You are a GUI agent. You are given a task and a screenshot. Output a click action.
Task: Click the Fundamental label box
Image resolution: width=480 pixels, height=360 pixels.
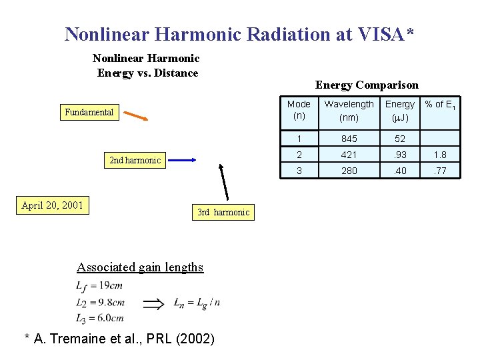pyautogui.click(x=89, y=112)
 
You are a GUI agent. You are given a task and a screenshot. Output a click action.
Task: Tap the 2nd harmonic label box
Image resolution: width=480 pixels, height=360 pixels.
pyautogui.click(x=135, y=160)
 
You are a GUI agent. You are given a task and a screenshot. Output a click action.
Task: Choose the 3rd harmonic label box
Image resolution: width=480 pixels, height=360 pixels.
pyautogui.click(x=223, y=213)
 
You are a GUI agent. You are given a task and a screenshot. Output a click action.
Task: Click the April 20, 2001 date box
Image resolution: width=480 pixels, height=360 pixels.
pyautogui.click(x=52, y=205)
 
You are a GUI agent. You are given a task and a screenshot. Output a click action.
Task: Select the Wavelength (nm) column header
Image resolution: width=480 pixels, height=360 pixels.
pyautogui.click(x=349, y=111)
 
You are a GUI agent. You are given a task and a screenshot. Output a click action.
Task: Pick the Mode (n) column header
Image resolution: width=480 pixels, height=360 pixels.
pyautogui.click(x=299, y=111)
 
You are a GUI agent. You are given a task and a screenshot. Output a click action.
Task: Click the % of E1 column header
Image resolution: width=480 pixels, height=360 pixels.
pyautogui.click(x=441, y=105)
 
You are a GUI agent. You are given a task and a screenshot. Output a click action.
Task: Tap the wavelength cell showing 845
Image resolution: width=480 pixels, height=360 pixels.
pyautogui.click(x=349, y=139)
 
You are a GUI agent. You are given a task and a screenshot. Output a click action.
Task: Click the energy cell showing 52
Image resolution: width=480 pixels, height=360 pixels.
pyautogui.click(x=399, y=139)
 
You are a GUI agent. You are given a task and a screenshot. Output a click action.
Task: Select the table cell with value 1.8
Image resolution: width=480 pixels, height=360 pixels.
pyautogui.click(x=441, y=155)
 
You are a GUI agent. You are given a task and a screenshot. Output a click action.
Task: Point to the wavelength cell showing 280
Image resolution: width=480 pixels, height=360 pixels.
pyautogui.click(x=349, y=171)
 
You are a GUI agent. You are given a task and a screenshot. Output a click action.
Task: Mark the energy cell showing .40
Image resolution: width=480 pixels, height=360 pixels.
pyautogui.click(x=399, y=171)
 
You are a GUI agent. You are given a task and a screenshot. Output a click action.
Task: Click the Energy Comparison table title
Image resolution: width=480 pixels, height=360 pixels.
pyautogui.click(x=367, y=85)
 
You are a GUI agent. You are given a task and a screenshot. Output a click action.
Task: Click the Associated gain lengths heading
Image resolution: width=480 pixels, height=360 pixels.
pyautogui.click(x=140, y=267)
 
